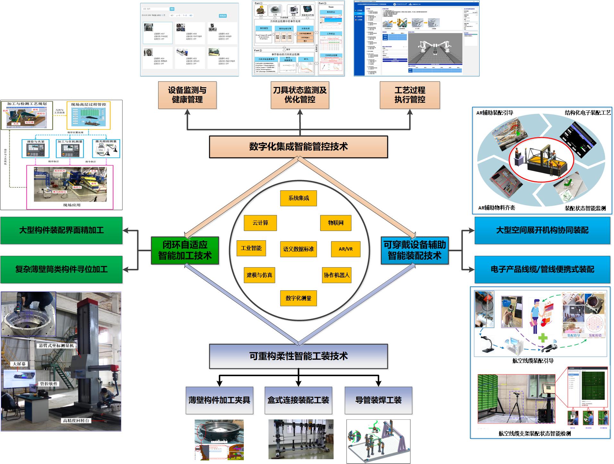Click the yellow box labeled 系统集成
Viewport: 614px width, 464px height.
[298, 198]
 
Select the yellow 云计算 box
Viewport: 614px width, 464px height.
[260, 223]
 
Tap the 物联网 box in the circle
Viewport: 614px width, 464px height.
[336, 223]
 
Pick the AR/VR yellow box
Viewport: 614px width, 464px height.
[345, 249]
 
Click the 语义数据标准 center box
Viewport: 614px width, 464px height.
[298, 249]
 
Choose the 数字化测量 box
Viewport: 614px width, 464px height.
[298, 298]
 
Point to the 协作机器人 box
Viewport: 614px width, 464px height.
[337, 275]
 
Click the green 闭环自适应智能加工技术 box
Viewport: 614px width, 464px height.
[185, 250]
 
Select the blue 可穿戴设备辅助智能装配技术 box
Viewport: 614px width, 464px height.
[414, 250]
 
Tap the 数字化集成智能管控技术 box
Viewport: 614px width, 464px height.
[298, 147]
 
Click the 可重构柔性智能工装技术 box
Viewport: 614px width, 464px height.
[298, 356]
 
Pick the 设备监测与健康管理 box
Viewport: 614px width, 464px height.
[187, 95]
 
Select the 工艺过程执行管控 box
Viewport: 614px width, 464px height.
[410, 95]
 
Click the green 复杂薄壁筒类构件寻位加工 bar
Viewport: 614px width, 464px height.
[61, 270]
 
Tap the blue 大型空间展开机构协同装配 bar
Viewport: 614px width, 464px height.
[542, 230]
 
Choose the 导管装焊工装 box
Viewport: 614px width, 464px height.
[378, 400]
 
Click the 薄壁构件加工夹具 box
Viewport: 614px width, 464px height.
[219, 400]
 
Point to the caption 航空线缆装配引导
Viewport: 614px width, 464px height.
[533, 361]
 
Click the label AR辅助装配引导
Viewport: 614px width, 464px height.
[495, 113]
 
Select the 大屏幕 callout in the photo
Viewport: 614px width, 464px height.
[19, 364]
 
